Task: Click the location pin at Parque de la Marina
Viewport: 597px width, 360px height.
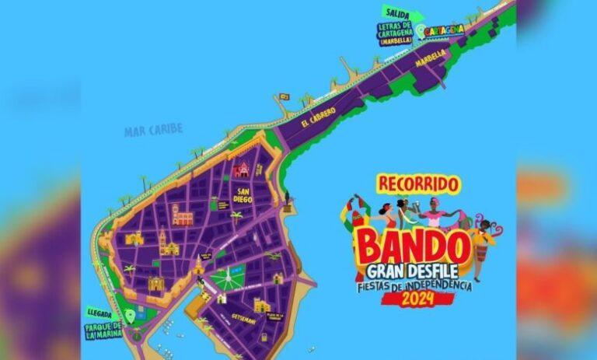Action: tap(131, 316)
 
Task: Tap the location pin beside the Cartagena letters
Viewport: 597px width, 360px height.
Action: tap(421, 32)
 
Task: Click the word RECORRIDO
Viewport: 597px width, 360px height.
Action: tap(417, 184)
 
